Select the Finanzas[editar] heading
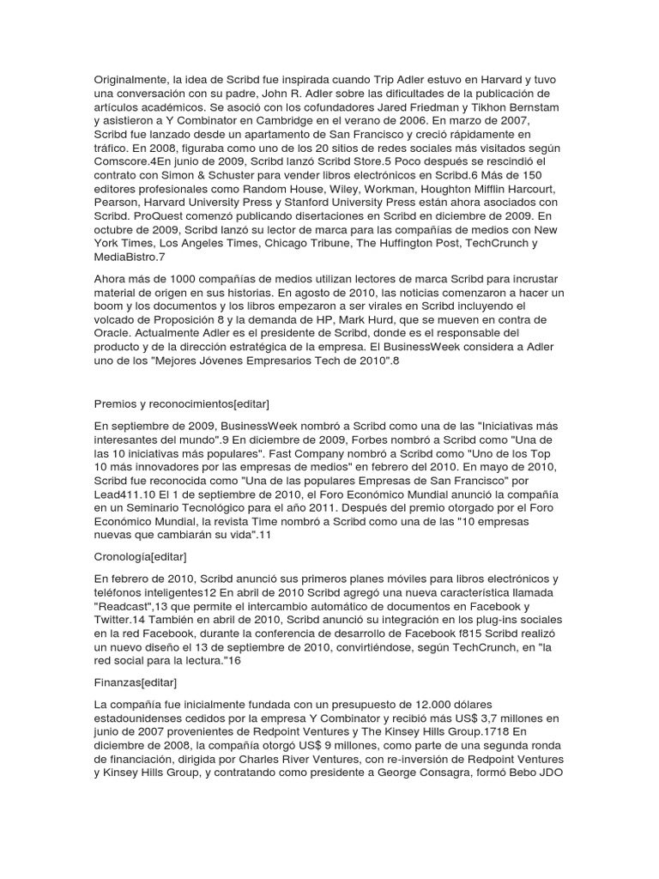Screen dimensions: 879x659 click(x=136, y=682)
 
